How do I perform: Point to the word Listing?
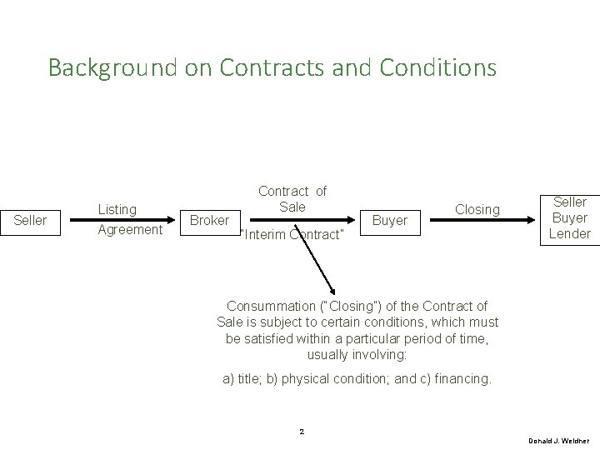pyautogui.click(x=117, y=211)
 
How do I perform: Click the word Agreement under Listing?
pyautogui.click(x=130, y=230)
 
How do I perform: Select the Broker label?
pyautogui.click(x=208, y=220)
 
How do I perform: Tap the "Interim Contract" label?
pyautogui.click(x=292, y=234)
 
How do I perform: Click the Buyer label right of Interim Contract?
pyautogui.click(x=389, y=220)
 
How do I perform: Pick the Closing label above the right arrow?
pyautogui.click(x=477, y=210)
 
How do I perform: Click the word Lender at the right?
pyautogui.click(x=570, y=233)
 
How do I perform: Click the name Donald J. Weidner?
pyautogui.click(x=559, y=439)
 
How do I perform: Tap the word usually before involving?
pyautogui.click(x=331, y=354)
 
